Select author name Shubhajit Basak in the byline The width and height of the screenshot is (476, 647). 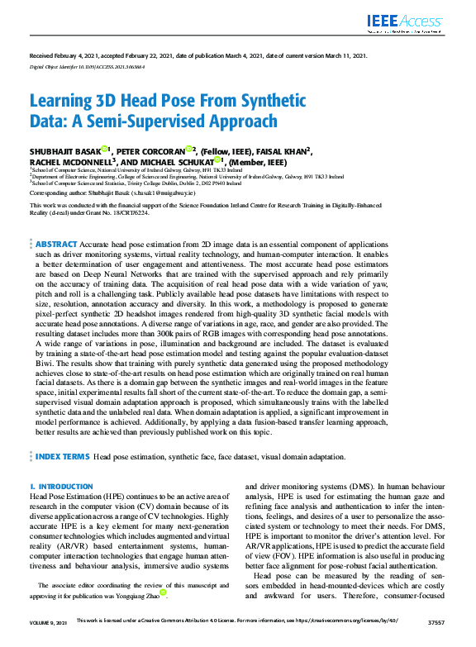pyautogui.click(x=65, y=150)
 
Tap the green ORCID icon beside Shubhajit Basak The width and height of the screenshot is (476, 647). pyautogui.click(x=105, y=150)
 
